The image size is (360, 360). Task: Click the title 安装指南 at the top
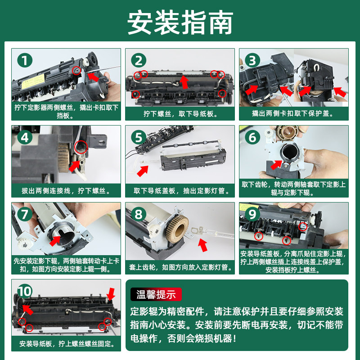[x=180, y=22]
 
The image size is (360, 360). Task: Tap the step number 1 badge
[x=25, y=60]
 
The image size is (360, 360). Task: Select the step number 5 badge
[x=139, y=137]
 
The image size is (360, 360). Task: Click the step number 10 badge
[x=25, y=291]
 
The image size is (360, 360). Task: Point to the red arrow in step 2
[x=184, y=82]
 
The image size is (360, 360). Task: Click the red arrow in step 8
[x=202, y=245]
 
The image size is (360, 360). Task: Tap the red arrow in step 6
[x=276, y=165]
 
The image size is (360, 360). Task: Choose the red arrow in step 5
[x=143, y=171]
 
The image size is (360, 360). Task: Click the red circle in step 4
[x=81, y=147]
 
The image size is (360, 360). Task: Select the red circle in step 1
[x=76, y=71]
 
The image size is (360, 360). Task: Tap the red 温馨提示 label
[x=156, y=294]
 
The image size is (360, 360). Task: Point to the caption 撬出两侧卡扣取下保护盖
[x=293, y=113]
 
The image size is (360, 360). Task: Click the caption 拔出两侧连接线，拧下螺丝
[x=66, y=190]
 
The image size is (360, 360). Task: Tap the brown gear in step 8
[x=177, y=229]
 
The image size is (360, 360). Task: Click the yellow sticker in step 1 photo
[x=33, y=81]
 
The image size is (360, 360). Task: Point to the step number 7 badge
[x=25, y=214]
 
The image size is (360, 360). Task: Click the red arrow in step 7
[x=55, y=241]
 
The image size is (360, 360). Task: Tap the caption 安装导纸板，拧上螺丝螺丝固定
[x=67, y=344]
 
